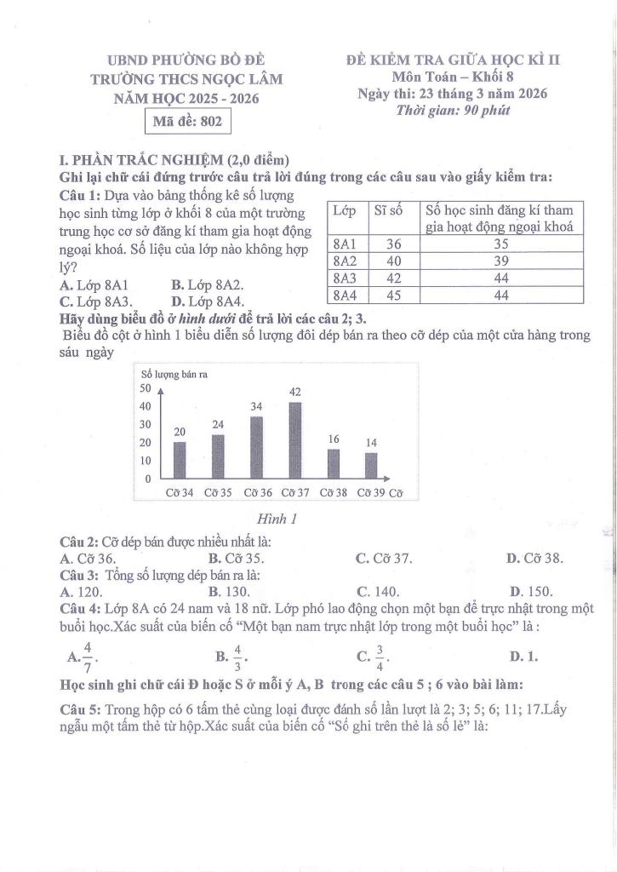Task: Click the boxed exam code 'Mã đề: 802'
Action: (186, 122)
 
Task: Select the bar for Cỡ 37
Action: (294, 439)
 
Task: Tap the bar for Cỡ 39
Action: (371, 465)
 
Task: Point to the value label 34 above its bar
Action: (256, 407)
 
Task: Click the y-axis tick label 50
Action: (144, 387)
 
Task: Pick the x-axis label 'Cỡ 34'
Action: (179, 492)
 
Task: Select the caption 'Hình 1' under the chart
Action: (276, 518)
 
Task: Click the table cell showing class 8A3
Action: (345, 278)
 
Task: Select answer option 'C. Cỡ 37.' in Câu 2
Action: (385, 559)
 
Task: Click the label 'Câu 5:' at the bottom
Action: (80, 708)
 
